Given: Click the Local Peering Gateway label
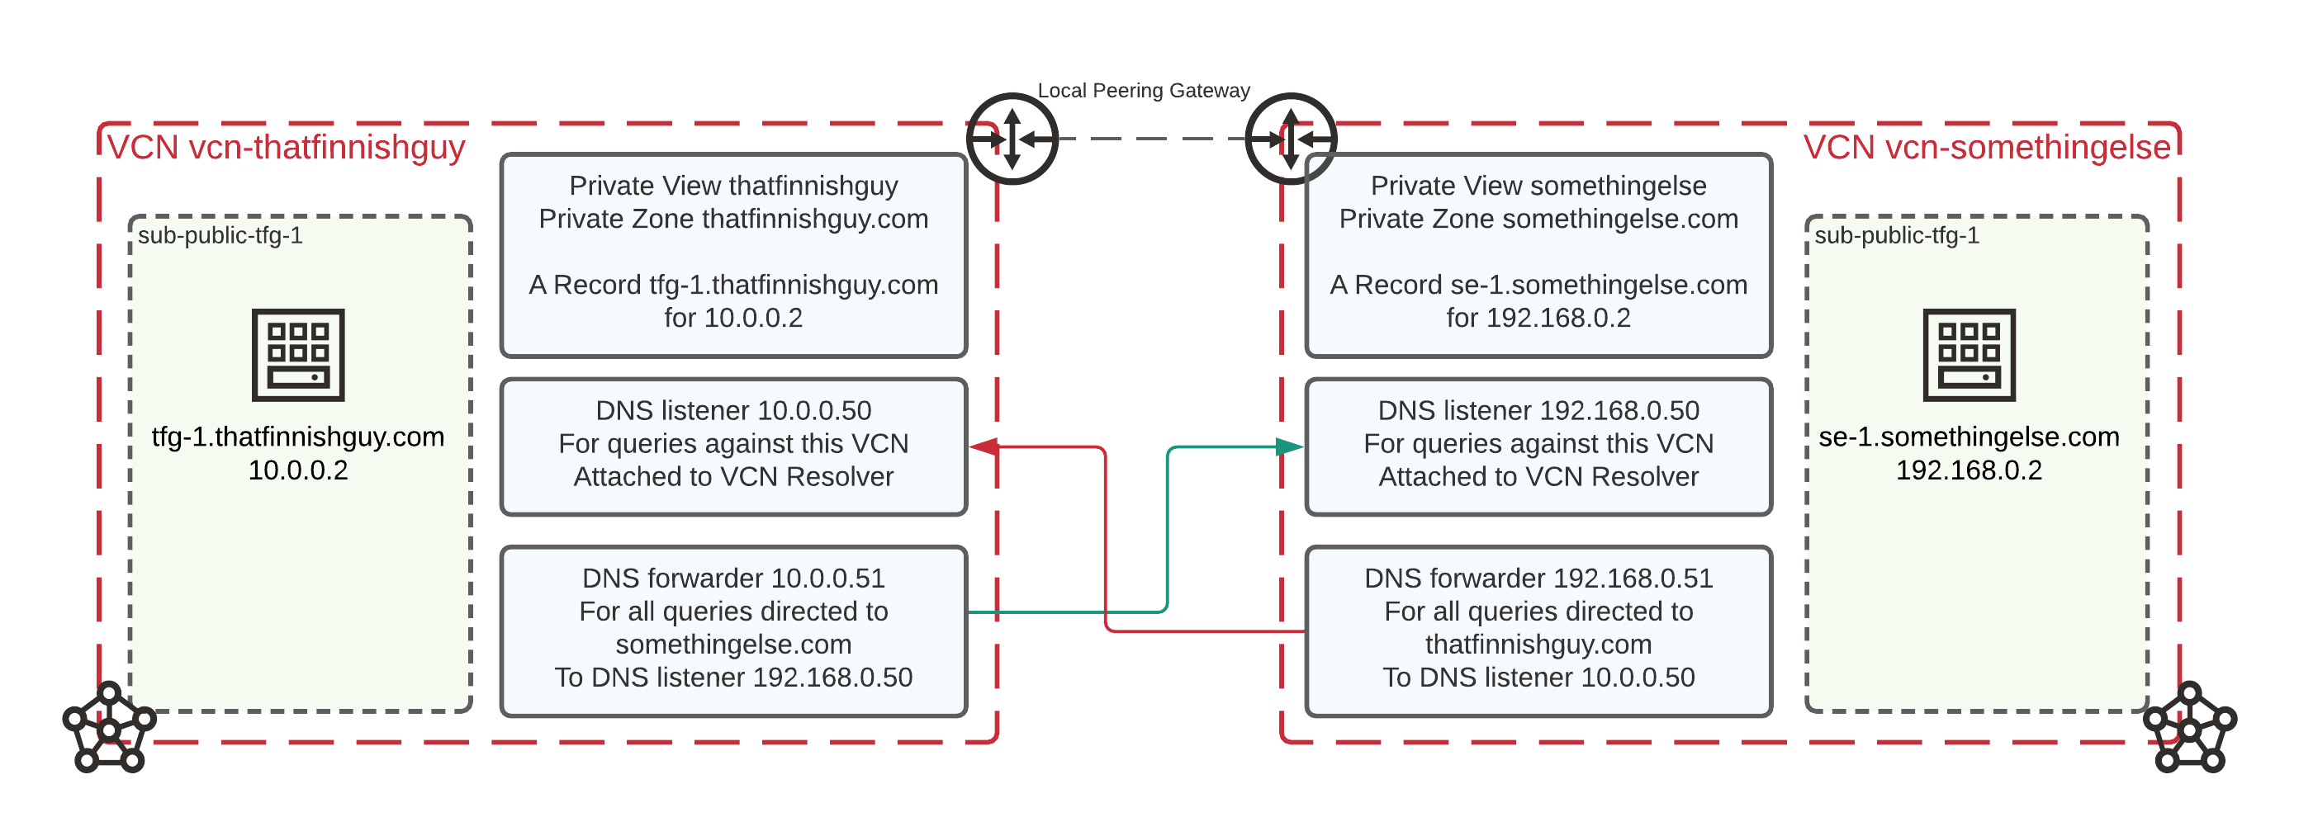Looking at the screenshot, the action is tap(1143, 90).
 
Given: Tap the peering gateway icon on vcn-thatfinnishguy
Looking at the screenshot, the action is tap(1012, 139).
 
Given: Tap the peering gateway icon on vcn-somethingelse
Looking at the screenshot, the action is tap(1291, 139).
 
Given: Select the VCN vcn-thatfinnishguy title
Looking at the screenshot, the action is tap(287, 147).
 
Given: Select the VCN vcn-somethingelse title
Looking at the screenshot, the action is tap(1987, 147).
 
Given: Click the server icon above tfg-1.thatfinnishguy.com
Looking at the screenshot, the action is tap(298, 355).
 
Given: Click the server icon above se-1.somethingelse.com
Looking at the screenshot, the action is tap(1969, 355).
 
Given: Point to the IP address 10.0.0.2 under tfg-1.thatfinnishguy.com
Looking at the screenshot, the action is tap(298, 470).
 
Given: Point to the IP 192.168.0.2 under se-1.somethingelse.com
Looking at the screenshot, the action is tap(1969, 470).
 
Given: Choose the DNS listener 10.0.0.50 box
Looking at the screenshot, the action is tap(733, 447).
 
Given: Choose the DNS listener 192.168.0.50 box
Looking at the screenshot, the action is tap(1538, 447).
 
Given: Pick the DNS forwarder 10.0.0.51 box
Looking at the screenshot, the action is tap(733, 631).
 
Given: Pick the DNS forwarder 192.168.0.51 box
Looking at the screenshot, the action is tap(1538, 631).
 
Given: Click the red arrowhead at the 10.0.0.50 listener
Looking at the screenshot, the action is tap(984, 447).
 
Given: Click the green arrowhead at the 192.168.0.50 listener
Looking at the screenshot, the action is tap(1290, 447).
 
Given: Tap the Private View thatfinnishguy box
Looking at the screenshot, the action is tap(733, 255).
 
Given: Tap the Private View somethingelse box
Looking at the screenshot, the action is tap(1538, 255).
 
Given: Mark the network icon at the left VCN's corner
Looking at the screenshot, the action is tap(109, 728).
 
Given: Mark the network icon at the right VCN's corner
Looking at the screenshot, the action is tap(2189, 728).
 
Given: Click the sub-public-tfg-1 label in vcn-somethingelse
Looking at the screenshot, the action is tap(1897, 235).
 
